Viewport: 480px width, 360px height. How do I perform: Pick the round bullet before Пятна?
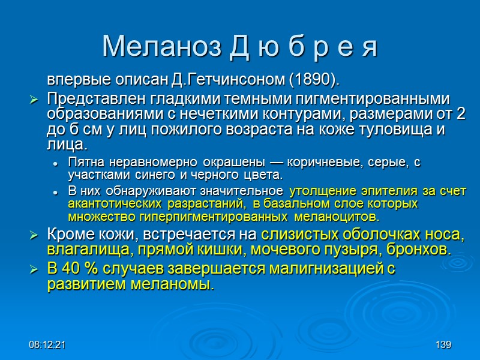tap(55, 163)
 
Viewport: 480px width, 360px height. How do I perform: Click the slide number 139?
tap(443, 346)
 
